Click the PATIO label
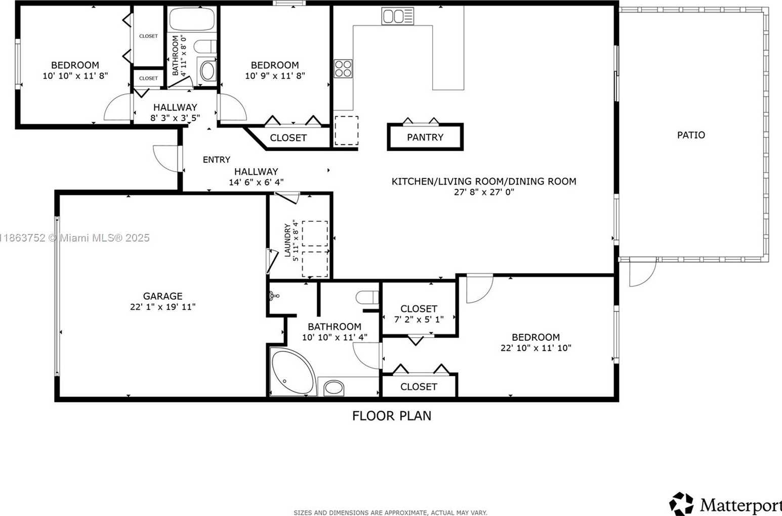(691, 135)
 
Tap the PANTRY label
(425, 137)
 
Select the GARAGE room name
(162, 296)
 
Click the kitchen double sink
(398, 16)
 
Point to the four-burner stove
(343, 68)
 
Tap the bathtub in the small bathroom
(192, 20)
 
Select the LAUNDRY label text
(287, 241)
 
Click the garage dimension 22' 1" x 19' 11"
(162, 307)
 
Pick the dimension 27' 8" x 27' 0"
(484, 192)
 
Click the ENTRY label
(217, 160)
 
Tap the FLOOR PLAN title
(392, 416)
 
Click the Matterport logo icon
(681, 504)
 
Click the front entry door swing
(167, 159)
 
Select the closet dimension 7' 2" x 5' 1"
(419, 320)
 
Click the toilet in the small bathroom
(205, 47)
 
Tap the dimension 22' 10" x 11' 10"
(536, 348)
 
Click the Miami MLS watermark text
(75, 238)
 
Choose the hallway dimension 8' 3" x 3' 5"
(175, 118)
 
